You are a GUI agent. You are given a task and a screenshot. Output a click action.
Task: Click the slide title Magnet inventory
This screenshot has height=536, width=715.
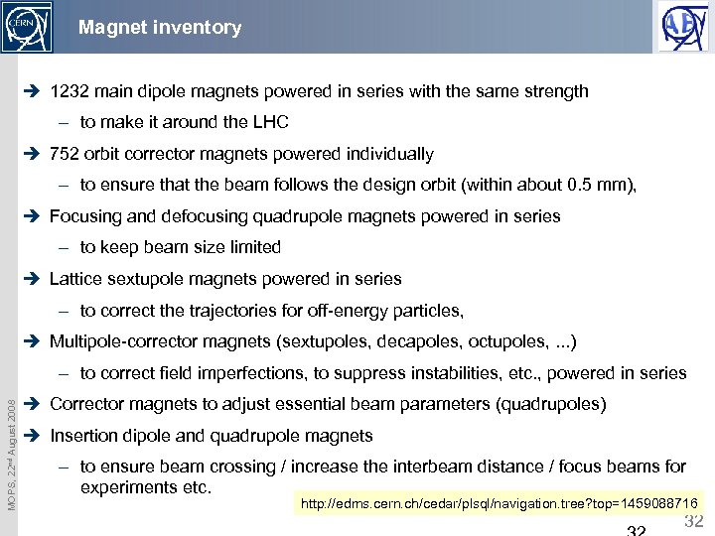pos(160,28)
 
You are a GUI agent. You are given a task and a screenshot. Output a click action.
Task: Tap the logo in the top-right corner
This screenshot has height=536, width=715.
pos(684,27)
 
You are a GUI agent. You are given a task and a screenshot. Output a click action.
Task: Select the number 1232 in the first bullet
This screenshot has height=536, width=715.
pos(70,91)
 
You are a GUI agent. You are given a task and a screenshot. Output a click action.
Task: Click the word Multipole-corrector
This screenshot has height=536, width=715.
pos(125,341)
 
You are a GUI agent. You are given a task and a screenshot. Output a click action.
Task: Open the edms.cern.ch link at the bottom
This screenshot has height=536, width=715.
pos(499,505)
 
